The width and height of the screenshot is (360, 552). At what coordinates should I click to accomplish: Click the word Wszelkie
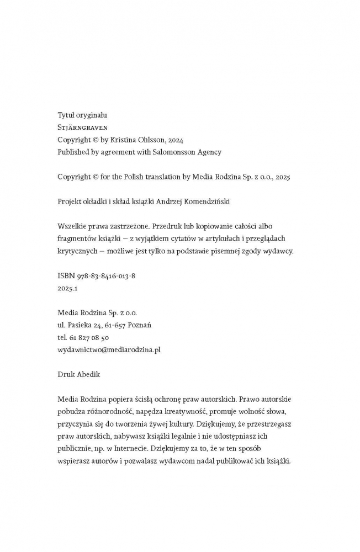pos(72,226)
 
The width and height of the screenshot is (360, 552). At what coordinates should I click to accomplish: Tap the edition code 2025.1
pos(68,288)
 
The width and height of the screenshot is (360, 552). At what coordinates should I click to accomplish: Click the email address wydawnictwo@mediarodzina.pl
pos(109,349)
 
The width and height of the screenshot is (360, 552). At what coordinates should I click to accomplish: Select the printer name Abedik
pos(88,374)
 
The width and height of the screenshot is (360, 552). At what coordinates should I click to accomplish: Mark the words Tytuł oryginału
pos(82,115)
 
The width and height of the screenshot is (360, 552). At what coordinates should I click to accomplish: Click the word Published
pos(75,152)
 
